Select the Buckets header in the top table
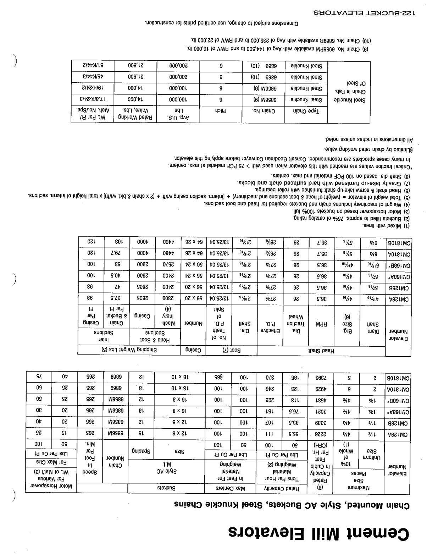point(166,488)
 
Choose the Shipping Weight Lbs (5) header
point(129,350)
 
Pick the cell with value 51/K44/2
point(93,66)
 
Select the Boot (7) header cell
point(231,351)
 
